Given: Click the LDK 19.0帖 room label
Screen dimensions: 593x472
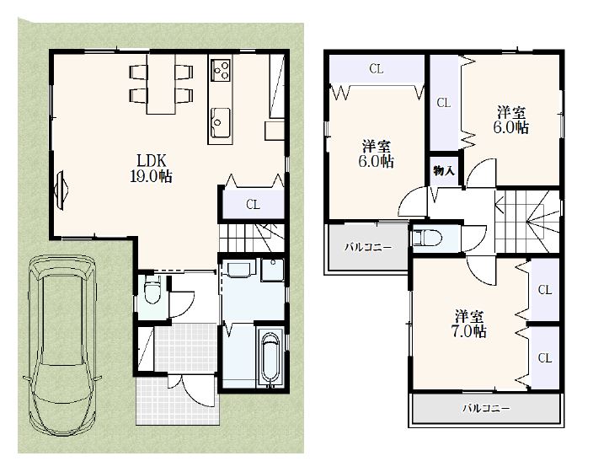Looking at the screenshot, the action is coord(152,169).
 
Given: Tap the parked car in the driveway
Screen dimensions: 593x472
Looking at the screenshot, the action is coord(62,346).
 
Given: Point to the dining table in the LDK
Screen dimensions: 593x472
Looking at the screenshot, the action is coord(162,83).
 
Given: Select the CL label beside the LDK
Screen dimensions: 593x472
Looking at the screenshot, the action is coord(253,205).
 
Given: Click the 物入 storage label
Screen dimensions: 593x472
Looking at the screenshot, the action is coord(444,171).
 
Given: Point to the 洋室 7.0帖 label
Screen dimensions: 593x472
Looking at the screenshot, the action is coord(469,324).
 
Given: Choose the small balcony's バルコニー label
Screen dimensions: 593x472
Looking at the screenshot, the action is coord(368,248).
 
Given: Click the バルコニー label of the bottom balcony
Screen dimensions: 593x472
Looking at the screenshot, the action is coord(486,409).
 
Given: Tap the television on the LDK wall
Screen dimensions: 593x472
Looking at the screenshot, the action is coord(61,190).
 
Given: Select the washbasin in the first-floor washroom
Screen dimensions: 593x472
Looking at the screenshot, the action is coord(238,270).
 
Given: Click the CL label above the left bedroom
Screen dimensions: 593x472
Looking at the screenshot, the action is coord(376,69).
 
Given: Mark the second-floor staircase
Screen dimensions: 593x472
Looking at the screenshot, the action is coord(527,221).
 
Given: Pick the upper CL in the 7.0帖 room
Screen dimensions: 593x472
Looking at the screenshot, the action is coord(545,290).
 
